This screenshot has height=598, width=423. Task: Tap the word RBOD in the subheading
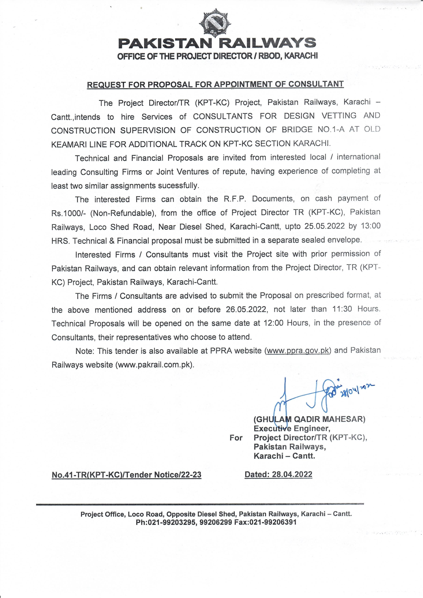pyautogui.click(x=268, y=56)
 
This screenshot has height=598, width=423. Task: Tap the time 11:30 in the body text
pyautogui.click(x=342, y=309)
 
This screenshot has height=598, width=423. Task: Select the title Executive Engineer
pyautogui.click(x=292, y=429)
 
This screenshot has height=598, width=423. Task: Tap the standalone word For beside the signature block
pyautogui.click(x=236, y=438)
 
